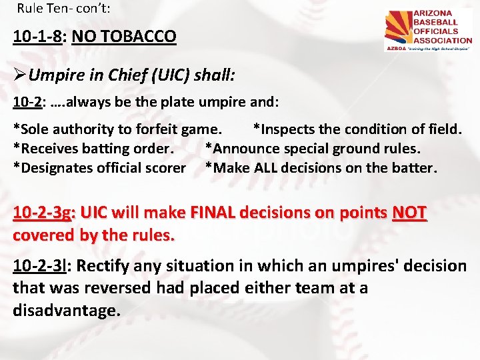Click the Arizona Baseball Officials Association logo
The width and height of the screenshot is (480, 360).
(428, 31)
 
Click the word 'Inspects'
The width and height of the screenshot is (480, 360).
(286, 129)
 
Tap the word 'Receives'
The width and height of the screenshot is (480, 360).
(48, 148)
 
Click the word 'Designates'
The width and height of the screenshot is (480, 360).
(55, 167)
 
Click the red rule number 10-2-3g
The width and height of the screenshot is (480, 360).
(43, 213)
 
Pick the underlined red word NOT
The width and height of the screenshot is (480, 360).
(409, 213)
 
